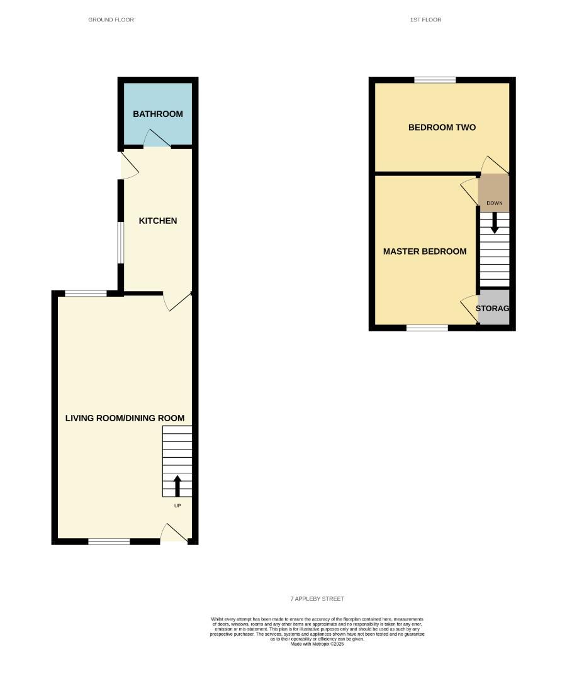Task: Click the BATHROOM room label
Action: [157, 114]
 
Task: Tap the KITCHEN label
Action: [157, 221]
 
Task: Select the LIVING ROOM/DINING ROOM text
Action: [125, 418]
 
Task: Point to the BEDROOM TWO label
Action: [442, 128]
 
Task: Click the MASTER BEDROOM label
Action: [425, 251]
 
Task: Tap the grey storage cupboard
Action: [493, 307]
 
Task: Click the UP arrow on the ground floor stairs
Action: [177, 486]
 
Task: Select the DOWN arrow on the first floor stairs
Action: [494, 223]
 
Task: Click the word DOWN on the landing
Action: [494, 203]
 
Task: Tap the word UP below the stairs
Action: [177, 505]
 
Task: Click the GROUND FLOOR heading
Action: [111, 20]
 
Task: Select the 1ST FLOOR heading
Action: [425, 20]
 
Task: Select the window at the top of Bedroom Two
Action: [434, 80]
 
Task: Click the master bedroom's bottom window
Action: [427, 328]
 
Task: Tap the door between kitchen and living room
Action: [176, 301]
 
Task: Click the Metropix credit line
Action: [317, 644]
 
